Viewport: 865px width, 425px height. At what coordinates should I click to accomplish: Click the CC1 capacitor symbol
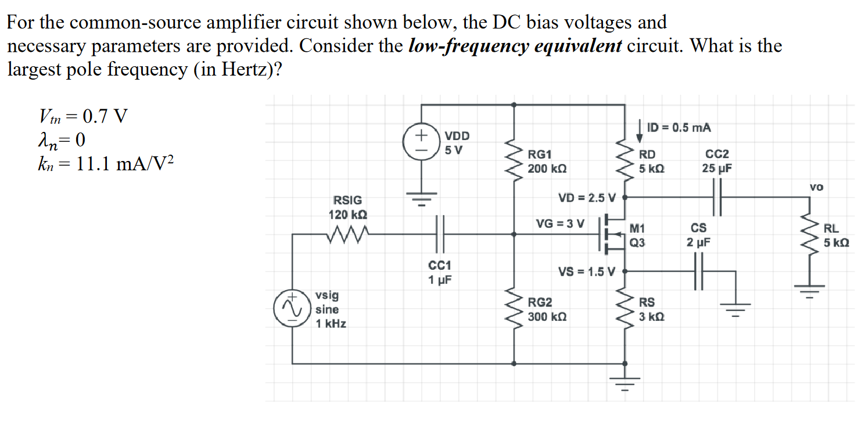pos(439,234)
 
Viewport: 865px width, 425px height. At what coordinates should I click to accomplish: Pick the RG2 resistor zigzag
pos(514,309)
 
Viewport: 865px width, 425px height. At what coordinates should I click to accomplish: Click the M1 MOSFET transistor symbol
pos(611,235)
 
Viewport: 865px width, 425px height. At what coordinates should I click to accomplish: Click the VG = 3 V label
pos(560,223)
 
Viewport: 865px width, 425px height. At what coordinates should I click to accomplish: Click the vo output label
pos(816,187)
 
